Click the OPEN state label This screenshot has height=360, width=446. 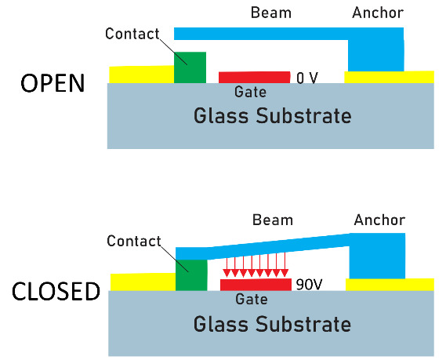click(x=53, y=83)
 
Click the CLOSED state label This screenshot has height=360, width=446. click(x=56, y=291)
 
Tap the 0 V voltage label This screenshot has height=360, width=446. click(x=307, y=78)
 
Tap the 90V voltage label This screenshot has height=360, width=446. click(x=309, y=284)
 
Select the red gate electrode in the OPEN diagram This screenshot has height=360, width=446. click(x=254, y=77)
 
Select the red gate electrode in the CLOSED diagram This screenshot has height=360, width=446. click(x=256, y=285)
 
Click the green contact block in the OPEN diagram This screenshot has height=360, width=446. click(x=190, y=67)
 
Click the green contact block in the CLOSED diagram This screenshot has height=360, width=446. click(x=191, y=275)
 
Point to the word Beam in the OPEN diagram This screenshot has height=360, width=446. click(x=271, y=13)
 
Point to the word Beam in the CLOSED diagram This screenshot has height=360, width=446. click(x=273, y=220)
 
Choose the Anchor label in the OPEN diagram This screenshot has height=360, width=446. click(x=378, y=13)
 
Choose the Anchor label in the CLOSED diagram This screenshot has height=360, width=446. click(x=379, y=220)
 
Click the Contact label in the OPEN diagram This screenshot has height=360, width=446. click(x=132, y=34)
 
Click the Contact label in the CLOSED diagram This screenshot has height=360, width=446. click(x=134, y=241)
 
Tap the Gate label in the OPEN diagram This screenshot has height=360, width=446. click(x=251, y=92)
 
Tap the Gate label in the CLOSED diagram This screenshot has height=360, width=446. click(x=252, y=299)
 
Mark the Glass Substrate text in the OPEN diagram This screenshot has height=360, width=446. click(x=273, y=116)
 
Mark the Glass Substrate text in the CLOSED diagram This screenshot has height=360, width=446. click(x=273, y=324)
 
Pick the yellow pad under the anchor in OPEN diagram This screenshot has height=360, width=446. click(x=389, y=77)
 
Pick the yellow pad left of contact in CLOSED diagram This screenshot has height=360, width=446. click(x=143, y=282)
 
